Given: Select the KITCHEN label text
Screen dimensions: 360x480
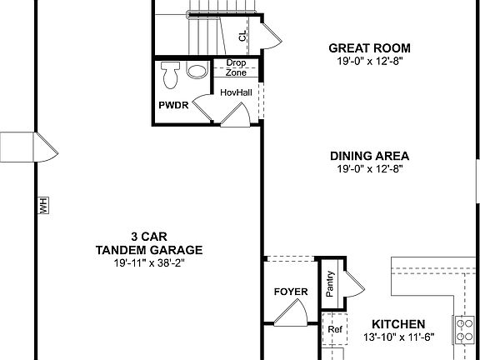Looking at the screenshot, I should (398, 323).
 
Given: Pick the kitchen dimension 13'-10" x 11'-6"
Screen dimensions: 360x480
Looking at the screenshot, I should (398, 337).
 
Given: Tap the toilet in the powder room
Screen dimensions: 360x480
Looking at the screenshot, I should (171, 74).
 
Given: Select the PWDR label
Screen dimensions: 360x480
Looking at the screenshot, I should (173, 106).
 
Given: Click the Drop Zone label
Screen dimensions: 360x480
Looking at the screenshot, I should (236, 67).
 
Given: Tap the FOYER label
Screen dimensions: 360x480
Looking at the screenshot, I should (291, 292).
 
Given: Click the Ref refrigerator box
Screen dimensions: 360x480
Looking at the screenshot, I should (334, 329).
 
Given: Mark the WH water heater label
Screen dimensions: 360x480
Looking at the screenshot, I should (43, 205).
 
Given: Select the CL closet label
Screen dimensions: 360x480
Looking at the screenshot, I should (242, 35).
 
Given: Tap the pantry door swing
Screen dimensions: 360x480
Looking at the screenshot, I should (353, 285).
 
